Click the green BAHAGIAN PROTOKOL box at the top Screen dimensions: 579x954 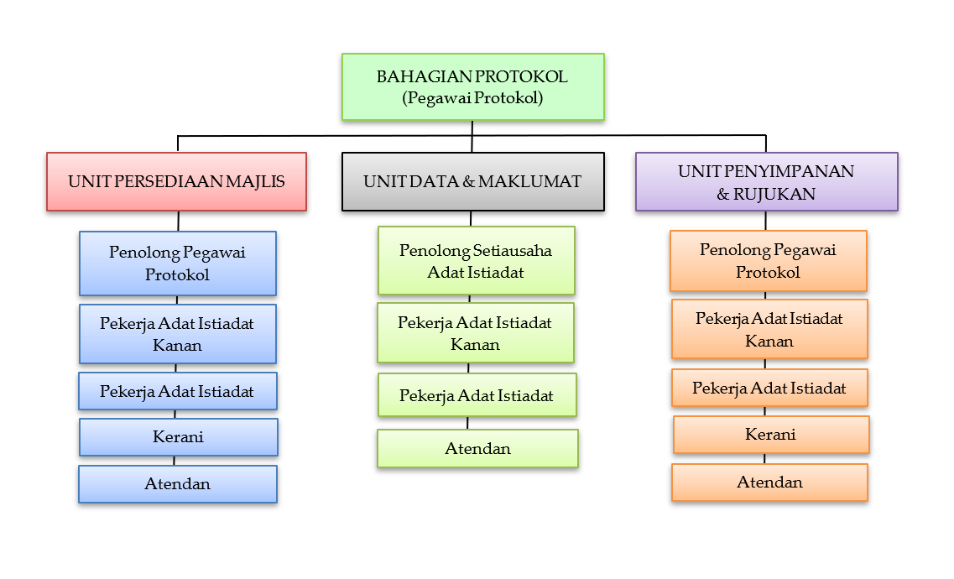[472, 86]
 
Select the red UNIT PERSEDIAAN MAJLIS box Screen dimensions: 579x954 [176, 181]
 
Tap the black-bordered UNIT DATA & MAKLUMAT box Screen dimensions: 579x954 [472, 181]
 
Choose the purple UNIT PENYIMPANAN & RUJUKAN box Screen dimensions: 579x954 [766, 181]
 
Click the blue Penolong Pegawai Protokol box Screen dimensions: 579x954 [177, 263]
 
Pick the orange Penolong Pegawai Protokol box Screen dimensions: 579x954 [768, 261]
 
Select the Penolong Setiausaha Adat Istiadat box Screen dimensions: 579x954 [476, 260]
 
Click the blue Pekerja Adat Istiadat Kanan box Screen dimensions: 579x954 [177, 334]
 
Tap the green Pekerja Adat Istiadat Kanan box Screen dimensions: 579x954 [475, 333]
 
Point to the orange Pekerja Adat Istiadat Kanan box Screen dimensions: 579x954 [769, 329]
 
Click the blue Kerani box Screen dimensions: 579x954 [178, 437]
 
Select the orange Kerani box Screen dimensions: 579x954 [770, 435]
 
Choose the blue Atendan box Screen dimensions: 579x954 [177, 484]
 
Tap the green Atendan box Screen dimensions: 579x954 [477, 448]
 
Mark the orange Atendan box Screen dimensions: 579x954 [769, 482]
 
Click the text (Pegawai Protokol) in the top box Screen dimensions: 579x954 [472, 97]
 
